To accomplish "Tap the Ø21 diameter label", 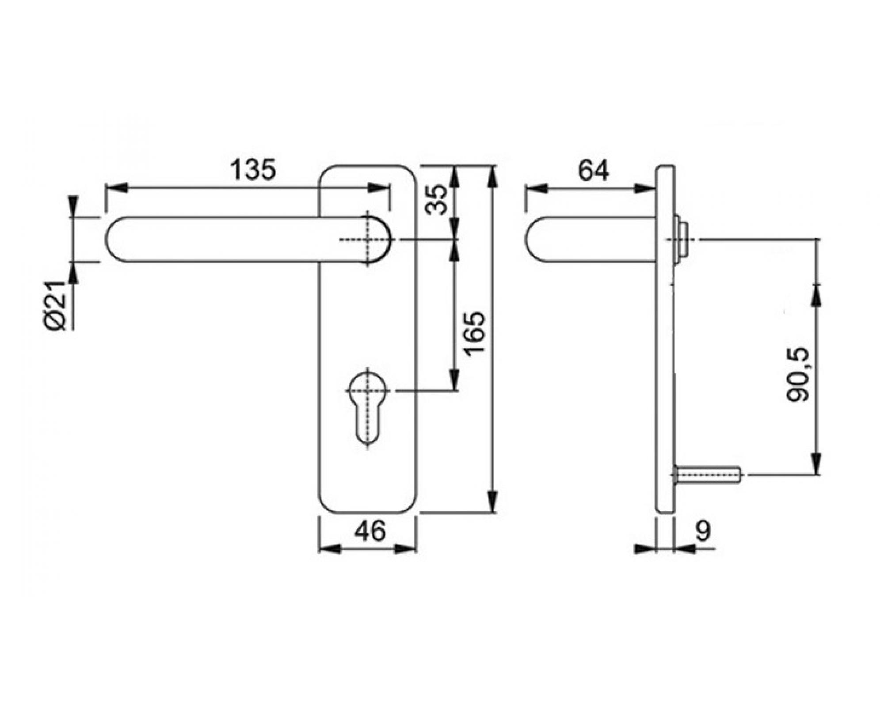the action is [x=56, y=305].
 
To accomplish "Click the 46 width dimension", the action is [x=370, y=531].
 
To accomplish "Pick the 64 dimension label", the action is [x=593, y=171].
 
